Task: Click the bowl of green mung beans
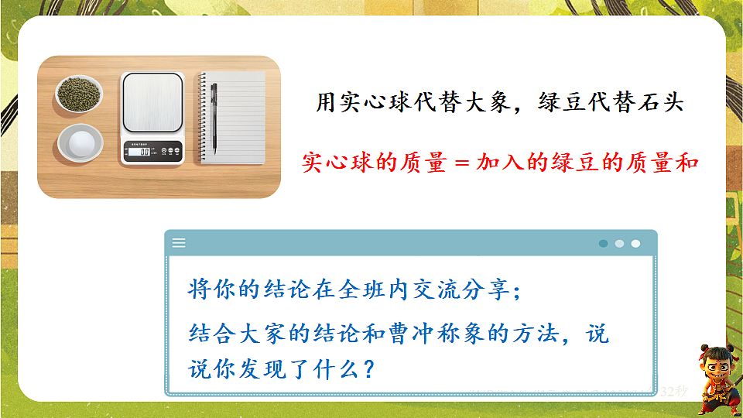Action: [79, 94]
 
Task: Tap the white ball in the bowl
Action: [80, 142]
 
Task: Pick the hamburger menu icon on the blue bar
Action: [179, 243]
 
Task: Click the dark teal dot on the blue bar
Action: [603, 243]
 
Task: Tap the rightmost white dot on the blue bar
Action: [635, 243]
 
